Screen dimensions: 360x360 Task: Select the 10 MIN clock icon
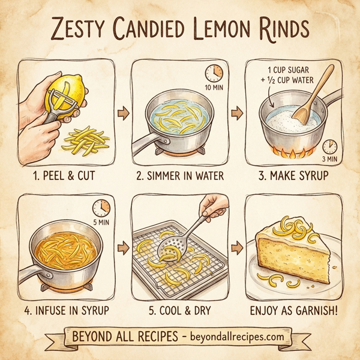click(212, 73)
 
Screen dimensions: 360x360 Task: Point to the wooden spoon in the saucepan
click(316, 97)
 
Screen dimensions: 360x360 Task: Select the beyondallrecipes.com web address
click(237, 337)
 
